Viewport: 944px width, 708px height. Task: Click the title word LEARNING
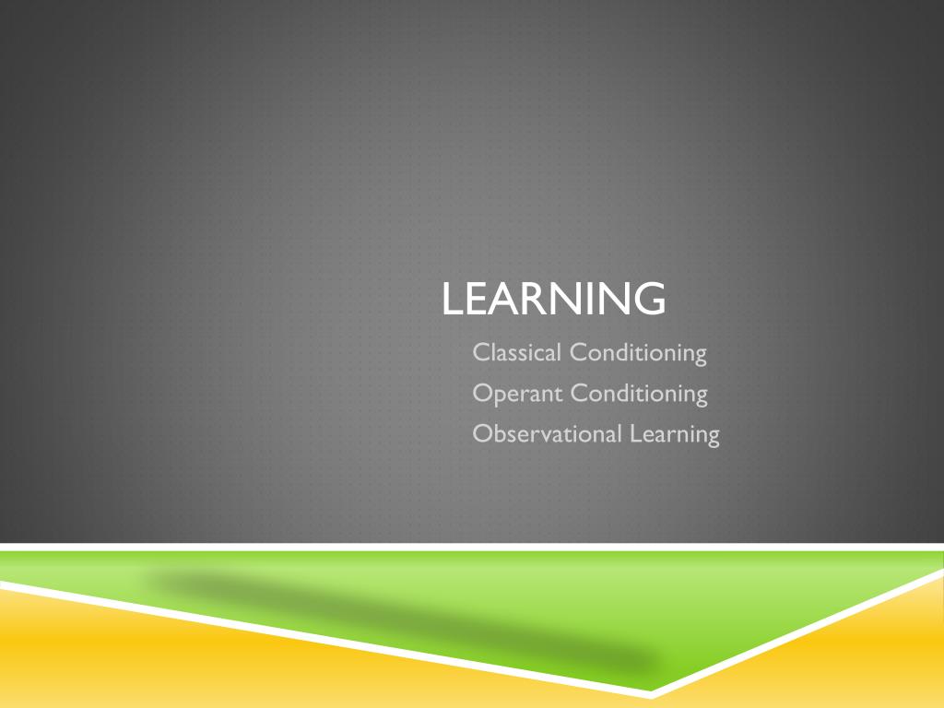[x=553, y=298]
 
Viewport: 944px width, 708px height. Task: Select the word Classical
[x=516, y=352]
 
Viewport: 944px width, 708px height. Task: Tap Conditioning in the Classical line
[x=638, y=353]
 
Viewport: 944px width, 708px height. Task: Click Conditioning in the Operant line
[x=639, y=395]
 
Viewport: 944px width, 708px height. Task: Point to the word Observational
[x=547, y=434]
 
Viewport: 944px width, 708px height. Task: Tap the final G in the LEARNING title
[x=649, y=298]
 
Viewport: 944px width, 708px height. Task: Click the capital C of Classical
[x=481, y=352]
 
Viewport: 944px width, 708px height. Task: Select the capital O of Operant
[x=483, y=393]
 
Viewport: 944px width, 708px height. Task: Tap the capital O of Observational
[x=483, y=433]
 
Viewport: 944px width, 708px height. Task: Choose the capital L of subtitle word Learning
[x=636, y=433]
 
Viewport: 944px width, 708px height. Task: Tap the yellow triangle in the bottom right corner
[x=843, y=656]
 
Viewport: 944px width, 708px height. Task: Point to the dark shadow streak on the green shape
[x=404, y=623]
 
